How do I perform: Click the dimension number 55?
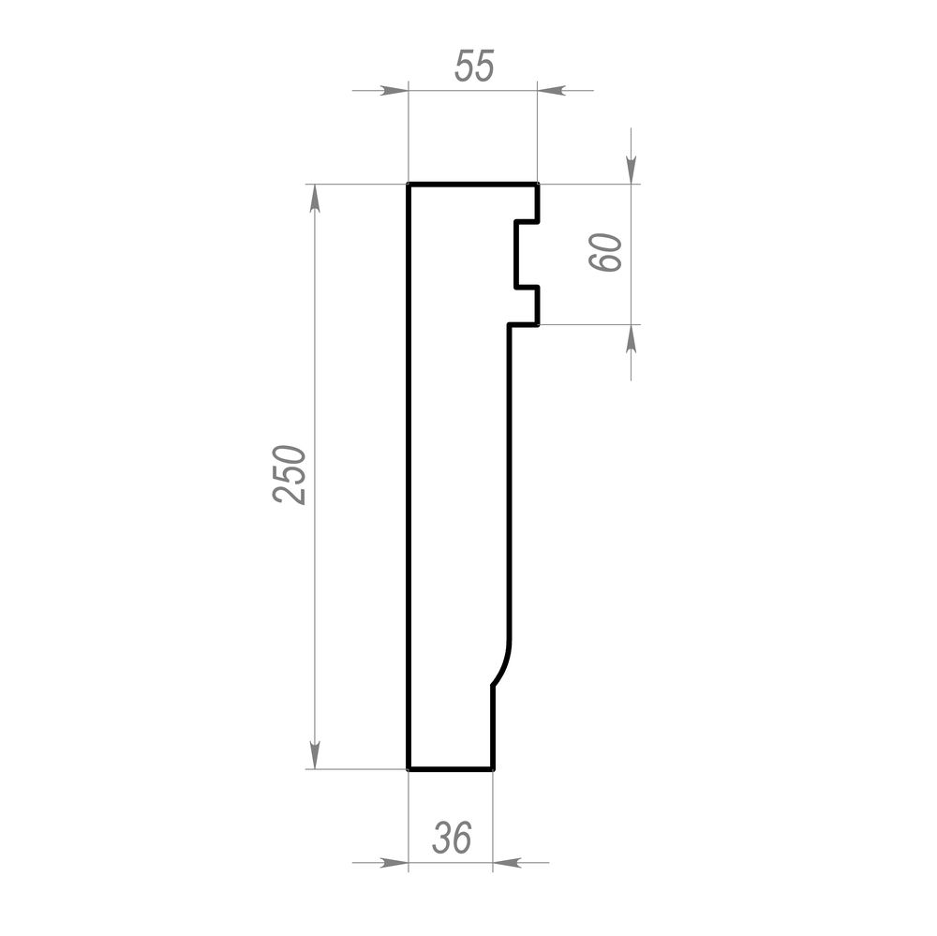click(474, 66)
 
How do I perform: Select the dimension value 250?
click(290, 475)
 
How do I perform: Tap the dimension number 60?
click(605, 253)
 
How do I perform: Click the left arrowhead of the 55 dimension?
click(394, 91)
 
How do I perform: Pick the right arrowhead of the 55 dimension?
click(551, 91)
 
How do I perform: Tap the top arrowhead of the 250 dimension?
click(315, 199)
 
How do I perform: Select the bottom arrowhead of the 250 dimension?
click(315, 755)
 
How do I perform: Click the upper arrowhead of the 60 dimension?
click(632, 170)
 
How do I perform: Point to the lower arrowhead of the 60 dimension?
click(632, 339)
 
